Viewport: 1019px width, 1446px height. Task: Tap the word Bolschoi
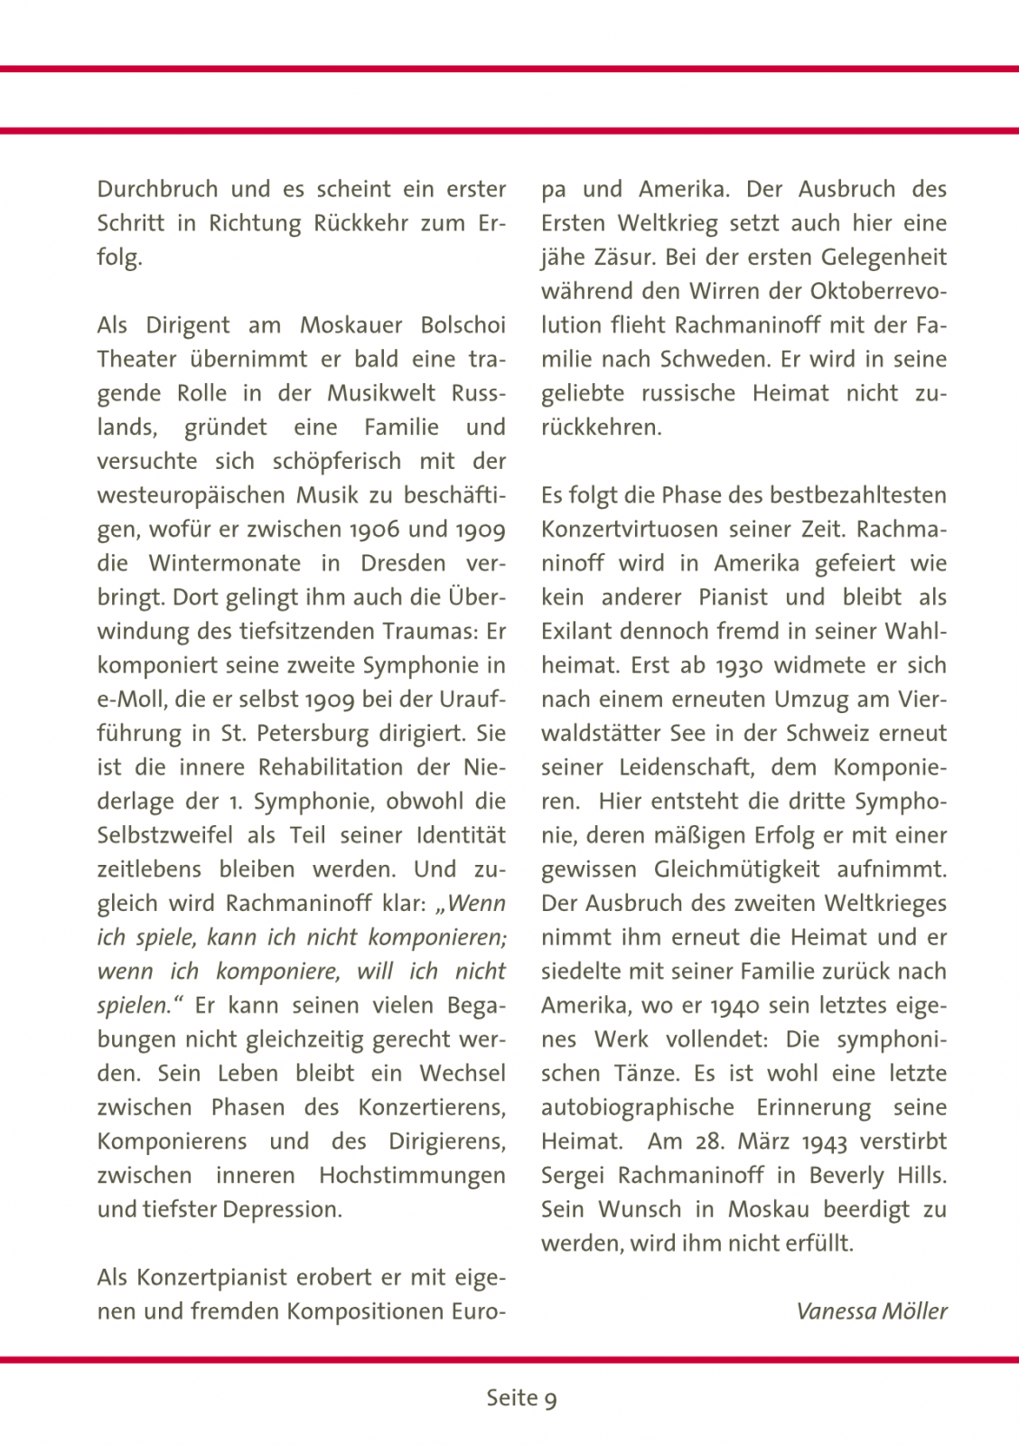click(x=463, y=325)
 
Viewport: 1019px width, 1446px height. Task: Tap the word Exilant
click(x=576, y=632)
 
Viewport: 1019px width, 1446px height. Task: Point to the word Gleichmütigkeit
click(x=737, y=870)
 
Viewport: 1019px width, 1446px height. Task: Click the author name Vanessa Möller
click(x=872, y=1311)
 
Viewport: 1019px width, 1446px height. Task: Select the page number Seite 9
click(x=521, y=1398)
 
